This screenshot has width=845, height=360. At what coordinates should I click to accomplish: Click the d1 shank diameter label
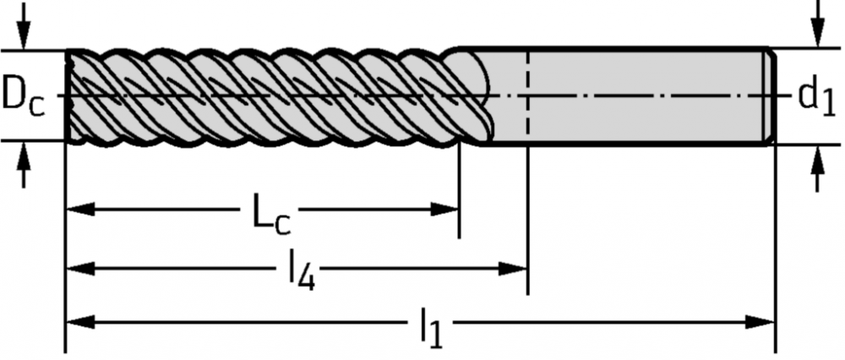pos(816,97)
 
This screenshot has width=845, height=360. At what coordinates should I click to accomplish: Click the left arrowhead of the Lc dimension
pos(79,209)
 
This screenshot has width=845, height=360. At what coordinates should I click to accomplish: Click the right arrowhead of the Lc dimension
pos(444,209)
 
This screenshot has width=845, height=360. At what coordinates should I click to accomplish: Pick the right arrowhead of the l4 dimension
pos(513,268)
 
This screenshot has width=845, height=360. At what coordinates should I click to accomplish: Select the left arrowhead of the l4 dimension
pos(79,268)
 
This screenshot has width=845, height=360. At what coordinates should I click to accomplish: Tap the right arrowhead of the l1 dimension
pos(760,323)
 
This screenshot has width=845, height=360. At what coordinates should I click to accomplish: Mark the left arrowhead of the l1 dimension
pos(79,323)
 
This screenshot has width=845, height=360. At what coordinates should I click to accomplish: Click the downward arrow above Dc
pos(23,26)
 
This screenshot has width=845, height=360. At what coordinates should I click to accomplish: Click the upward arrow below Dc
pos(23,165)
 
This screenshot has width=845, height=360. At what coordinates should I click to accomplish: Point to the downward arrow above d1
pos(818,24)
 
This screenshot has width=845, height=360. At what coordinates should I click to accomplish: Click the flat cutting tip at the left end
pos(68,96)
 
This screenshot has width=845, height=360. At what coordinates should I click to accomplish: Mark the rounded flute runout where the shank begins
pos(474,97)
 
